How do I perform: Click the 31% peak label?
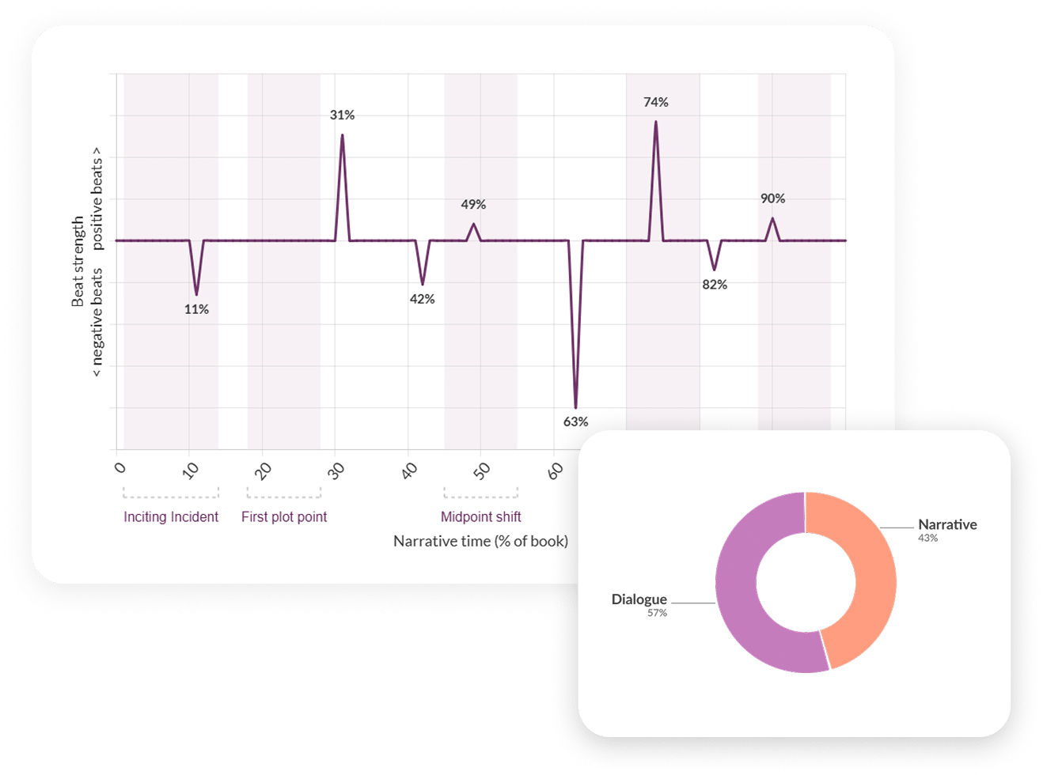[342, 115]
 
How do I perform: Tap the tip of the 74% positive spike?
[655, 122]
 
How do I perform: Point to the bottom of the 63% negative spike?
[575, 407]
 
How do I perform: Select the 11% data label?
[196, 309]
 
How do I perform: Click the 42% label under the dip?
[422, 299]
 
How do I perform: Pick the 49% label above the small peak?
[473, 205]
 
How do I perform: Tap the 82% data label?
[715, 285]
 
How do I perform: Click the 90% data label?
[772, 198]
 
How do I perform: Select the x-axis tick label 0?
[119, 467]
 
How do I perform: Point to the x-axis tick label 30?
[337, 471]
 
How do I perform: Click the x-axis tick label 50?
[482, 471]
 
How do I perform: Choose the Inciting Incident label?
[171, 517]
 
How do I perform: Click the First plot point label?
[284, 517]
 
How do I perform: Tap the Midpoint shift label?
[481, 517]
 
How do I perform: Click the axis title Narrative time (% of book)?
[480, 542]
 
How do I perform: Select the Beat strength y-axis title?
[78, 261]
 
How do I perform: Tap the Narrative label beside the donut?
[947, 524]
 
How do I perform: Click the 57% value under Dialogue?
[657, 613]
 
